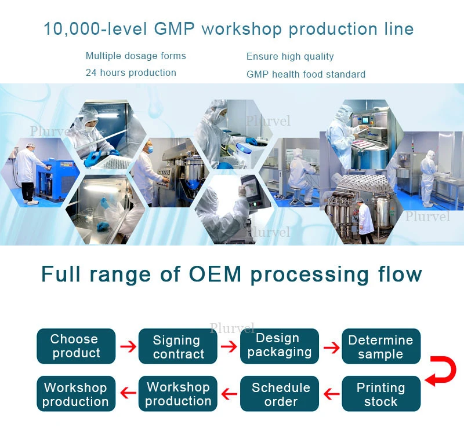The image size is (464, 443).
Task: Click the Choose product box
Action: [x=76, y=346]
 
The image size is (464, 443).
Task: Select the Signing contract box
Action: [x=178, y=346]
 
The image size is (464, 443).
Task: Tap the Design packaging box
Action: [x=280, y=346]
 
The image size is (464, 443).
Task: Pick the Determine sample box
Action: [x=380, y=346]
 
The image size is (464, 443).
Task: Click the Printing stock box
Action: [x=380, y=394]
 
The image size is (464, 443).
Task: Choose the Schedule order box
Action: [x=280, y=394]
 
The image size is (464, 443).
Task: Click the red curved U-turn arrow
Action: [x=441, y=371]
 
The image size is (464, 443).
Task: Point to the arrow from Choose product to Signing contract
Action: [x=128, y=347]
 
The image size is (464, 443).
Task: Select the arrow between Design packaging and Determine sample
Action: [x=331, y=347]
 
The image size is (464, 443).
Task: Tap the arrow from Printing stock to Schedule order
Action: [x=331, y=395]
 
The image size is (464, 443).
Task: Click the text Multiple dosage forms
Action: [x=136, y=56]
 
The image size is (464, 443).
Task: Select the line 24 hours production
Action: [x=130, y=73]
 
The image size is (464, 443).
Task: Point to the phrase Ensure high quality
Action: [x=290, y=57]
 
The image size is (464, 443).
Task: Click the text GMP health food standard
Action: [x=306, y=74]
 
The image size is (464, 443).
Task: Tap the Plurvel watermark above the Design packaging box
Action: [x=232, y=328]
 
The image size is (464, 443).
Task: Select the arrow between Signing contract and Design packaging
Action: [x=229, y=347]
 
